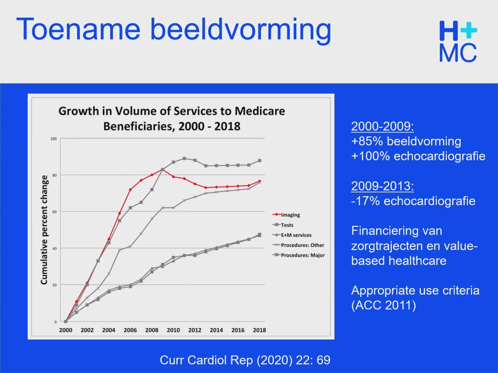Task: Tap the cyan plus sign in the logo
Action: pos(469,30)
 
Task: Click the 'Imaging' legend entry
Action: pos(286,215)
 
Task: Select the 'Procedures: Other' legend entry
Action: pos(298,245)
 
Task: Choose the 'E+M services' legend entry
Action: pos(292,235)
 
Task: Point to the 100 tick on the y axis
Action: pos(54,138)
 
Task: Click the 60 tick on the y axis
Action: pos(54,212)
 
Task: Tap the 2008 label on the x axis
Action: pos(152,330)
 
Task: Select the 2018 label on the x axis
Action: pos(260,330)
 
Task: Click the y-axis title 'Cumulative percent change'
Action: pos(44,230)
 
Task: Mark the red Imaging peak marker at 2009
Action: pos(163,169)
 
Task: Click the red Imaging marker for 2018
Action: pos(260,181)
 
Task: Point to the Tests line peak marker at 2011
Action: pos(184,159)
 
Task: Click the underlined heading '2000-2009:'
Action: pos(382,126)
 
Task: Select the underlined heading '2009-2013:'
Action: pos(382,186)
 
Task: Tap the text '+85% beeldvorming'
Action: pos(406,141)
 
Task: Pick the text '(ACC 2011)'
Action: pos(384,305)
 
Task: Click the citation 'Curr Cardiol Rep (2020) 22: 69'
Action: pos(245,360)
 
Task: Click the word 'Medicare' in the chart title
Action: pos(260,111)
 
